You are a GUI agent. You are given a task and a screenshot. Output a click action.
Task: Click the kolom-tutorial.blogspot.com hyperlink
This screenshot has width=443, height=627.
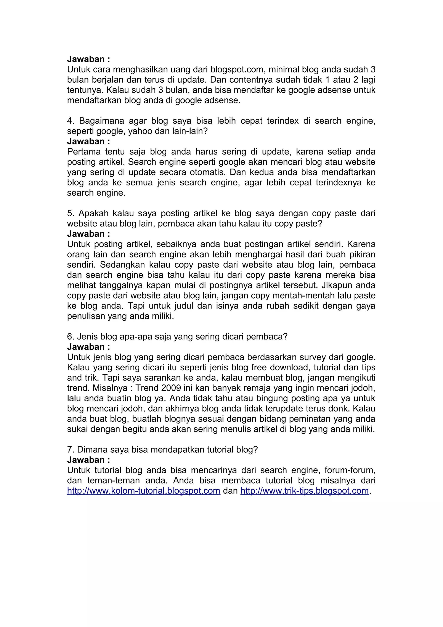point(144,490)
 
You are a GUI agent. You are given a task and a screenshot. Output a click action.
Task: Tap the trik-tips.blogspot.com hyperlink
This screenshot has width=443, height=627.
point(304,490)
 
